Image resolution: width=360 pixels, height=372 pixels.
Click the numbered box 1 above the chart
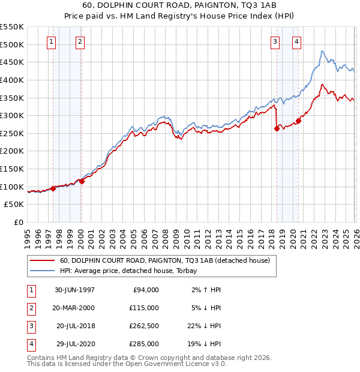point(51,41)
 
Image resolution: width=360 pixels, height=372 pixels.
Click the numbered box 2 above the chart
point(80,41)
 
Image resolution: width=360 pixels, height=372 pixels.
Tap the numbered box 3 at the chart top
point(275,41)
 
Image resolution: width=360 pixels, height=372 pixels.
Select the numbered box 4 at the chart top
point(296,41)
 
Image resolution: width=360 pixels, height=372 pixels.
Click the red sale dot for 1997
point(53,188)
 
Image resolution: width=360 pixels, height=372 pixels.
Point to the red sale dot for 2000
point(82,181)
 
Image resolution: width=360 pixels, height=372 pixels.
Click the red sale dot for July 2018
point(277,128)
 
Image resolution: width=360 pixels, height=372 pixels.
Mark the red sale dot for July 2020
point(298,121)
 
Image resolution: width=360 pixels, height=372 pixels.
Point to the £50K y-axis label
point(14,205)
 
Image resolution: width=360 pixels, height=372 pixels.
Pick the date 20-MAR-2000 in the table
point(74,307)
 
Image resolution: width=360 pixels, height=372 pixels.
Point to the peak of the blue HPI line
point(322,51)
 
